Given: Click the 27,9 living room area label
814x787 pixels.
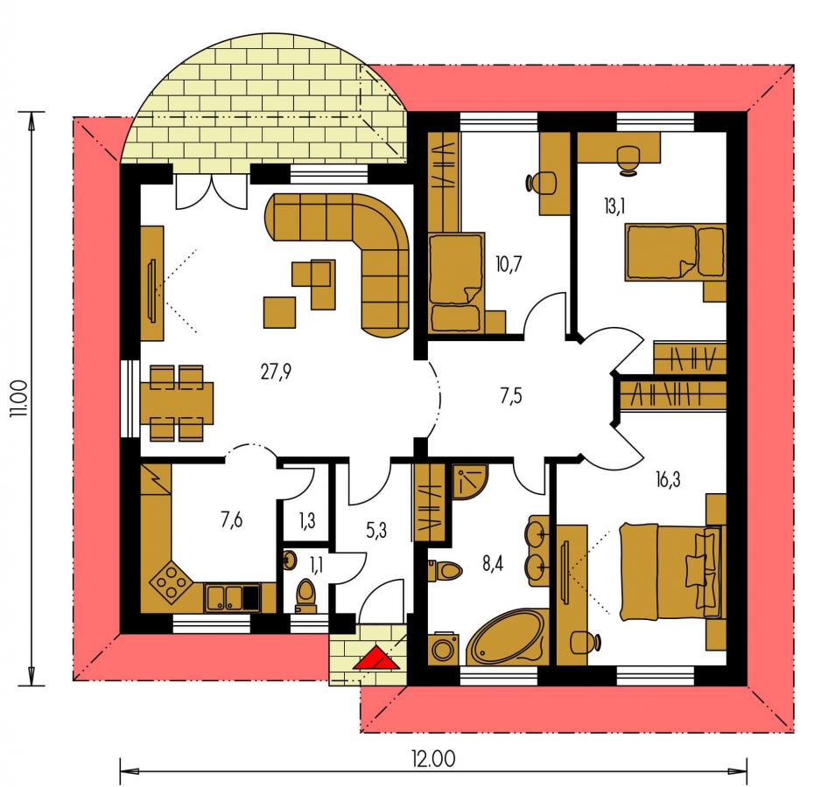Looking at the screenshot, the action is [277, 372].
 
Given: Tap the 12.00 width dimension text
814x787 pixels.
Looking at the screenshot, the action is [434, 759].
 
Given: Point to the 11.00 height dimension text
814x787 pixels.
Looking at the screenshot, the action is [20, 399].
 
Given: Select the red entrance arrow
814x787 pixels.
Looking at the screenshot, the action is [375, 658].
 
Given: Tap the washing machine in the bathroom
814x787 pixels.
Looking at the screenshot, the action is [443, 647].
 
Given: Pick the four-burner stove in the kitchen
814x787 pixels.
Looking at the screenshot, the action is [171, 583].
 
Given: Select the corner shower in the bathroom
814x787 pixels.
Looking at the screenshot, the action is [470, 482].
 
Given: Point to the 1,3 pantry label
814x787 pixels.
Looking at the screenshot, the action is [307, 519].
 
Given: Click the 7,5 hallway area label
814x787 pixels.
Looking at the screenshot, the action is [511, 396].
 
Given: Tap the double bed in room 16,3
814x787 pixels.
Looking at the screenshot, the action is [670, 571].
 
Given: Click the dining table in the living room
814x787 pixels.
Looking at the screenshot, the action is [177, 404].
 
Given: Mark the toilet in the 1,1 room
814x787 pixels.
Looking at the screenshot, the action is [305, 596].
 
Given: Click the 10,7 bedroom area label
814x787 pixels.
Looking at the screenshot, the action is [509, 265].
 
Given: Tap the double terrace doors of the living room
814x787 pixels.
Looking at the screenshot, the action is [211, 192].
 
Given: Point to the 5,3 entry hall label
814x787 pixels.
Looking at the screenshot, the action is [376, 531].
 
